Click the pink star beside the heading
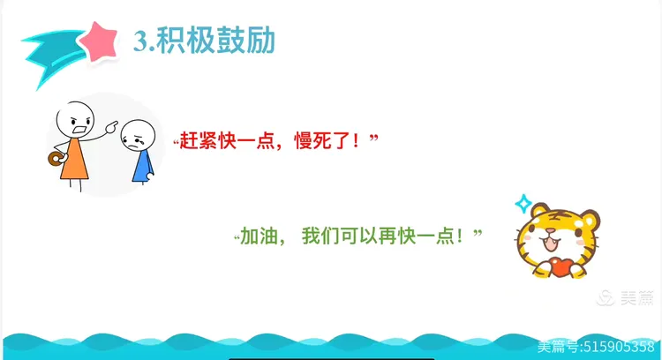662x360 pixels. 99,41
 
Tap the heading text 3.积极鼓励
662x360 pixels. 205,41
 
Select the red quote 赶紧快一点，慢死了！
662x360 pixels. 275,140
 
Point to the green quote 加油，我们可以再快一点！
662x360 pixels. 358,236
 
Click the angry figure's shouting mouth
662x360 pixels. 79,130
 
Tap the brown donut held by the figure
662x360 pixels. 56,159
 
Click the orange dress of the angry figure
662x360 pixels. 74,160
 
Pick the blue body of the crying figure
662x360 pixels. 143,167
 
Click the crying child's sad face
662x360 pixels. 138,136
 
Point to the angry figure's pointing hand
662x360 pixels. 111,126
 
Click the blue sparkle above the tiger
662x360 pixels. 523,204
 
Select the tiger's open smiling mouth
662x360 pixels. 551,243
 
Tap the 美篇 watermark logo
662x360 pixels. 625,298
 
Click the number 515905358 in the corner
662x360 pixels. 619,347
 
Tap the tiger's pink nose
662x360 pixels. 551,232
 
